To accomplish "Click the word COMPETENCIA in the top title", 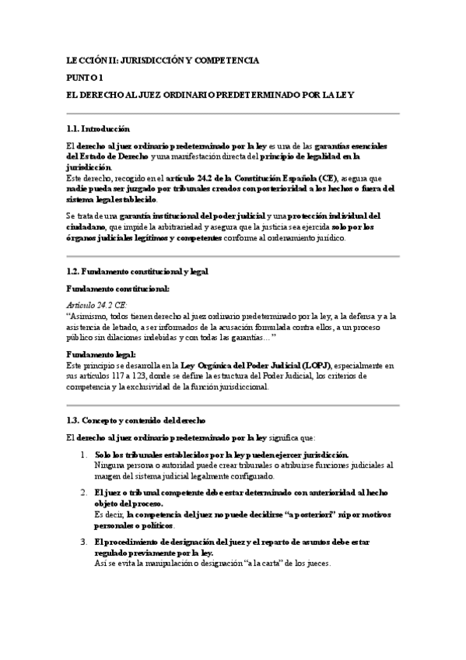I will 228,59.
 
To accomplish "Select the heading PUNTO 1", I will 85,77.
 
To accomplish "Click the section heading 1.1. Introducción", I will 98,128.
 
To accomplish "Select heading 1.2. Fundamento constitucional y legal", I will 136,271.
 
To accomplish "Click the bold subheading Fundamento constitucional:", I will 107,288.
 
